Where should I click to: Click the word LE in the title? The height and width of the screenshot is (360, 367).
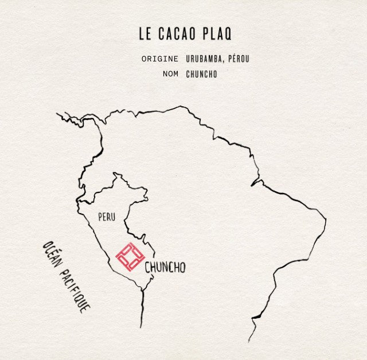[145, 34]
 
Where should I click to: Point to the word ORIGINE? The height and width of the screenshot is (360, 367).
[159, 59]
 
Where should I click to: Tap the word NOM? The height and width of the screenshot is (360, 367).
[170, 74]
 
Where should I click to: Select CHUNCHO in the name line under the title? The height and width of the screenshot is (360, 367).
[201, 74]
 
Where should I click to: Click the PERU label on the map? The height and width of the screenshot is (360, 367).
[107, 217]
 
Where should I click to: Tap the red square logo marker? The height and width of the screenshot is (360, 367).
[129, 256]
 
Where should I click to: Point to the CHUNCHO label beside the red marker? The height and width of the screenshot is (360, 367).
[165, 268]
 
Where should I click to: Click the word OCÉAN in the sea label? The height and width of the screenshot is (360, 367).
[52, 256]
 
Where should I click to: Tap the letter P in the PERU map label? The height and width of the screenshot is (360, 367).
[100, 217]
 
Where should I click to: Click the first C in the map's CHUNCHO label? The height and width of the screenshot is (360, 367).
[147, 268]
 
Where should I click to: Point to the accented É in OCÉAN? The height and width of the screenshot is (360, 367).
[52, 256]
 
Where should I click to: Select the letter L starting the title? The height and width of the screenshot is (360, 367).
[141, 34]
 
